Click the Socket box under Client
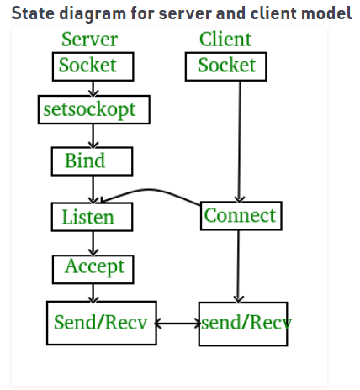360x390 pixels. (x=226, y=66)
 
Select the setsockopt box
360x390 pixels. (x=87, y=109)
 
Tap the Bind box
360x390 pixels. (x=86, y=160)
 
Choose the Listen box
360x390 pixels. (x=87, y=217)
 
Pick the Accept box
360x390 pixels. (x=93, y=267)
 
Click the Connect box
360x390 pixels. (x=240, y=215)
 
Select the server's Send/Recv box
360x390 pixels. (x=102, y=322)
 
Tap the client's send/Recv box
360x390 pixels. (x=243, y=322)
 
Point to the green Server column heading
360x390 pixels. (x=89, y=40)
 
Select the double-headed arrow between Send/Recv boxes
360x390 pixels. (x=177, y=323)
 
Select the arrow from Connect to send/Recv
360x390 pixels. (x=239, y=265)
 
